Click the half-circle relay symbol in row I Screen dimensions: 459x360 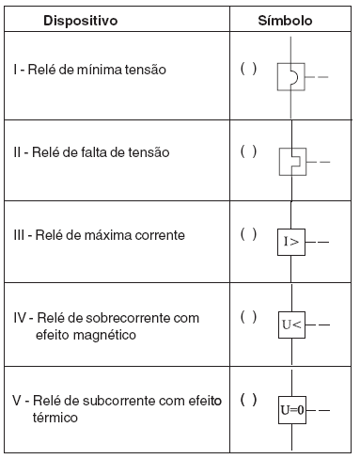290,77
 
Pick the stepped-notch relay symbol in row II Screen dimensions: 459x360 290,161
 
